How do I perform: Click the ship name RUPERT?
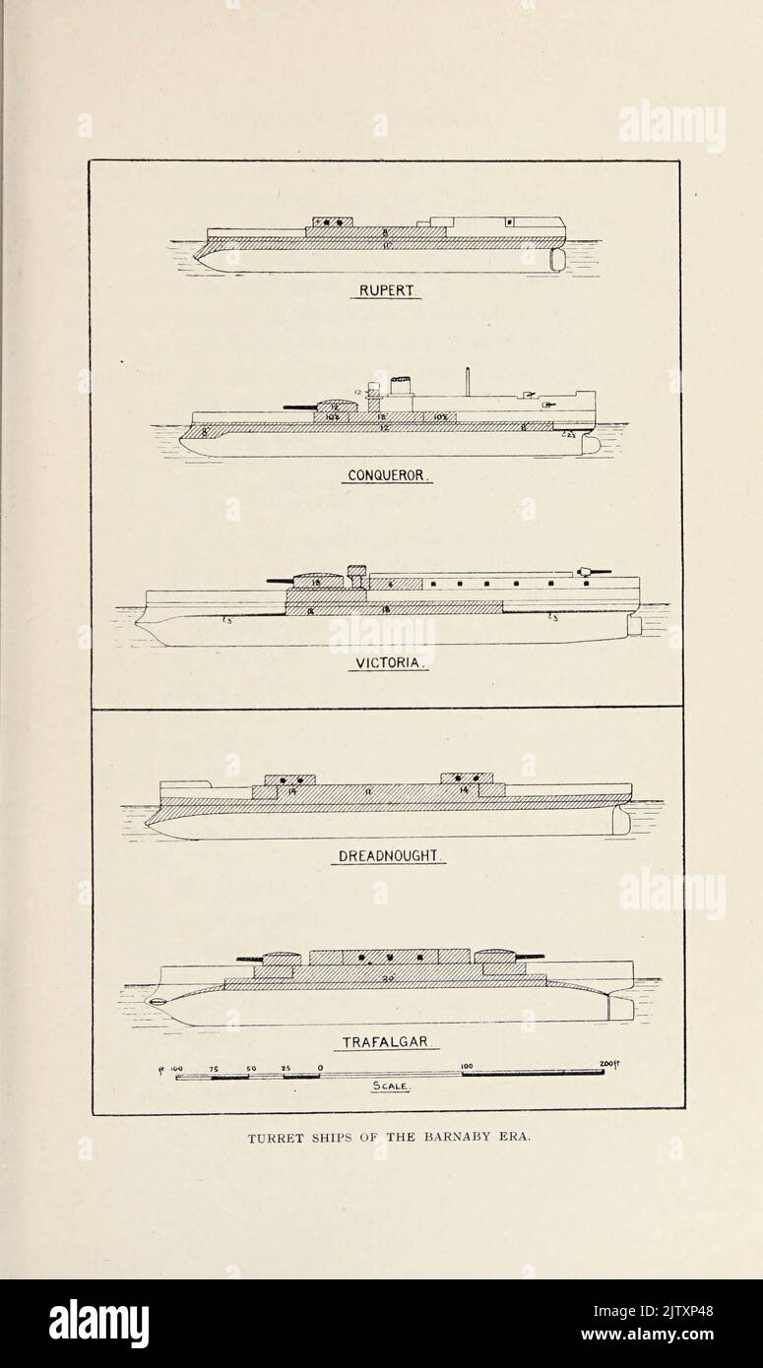tap(385, 291)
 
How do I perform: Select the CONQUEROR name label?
tap(388, 475)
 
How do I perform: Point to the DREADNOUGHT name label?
tap(388, 856)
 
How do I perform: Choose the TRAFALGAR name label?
tap(385, 1042)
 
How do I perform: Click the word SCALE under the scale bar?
tap(390, 1087)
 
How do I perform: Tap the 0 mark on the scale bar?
tap(320, 1067)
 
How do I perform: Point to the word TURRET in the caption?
tap(274, 1136)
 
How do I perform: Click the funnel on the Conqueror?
tap(400, 386)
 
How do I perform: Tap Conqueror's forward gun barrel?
tap(300, 405)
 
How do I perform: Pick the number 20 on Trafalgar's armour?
tap(390, 977)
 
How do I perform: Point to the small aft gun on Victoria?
tap(594, 571)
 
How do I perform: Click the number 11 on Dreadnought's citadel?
tap(366, 790)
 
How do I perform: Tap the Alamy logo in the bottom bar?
tap(98, 1324)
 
